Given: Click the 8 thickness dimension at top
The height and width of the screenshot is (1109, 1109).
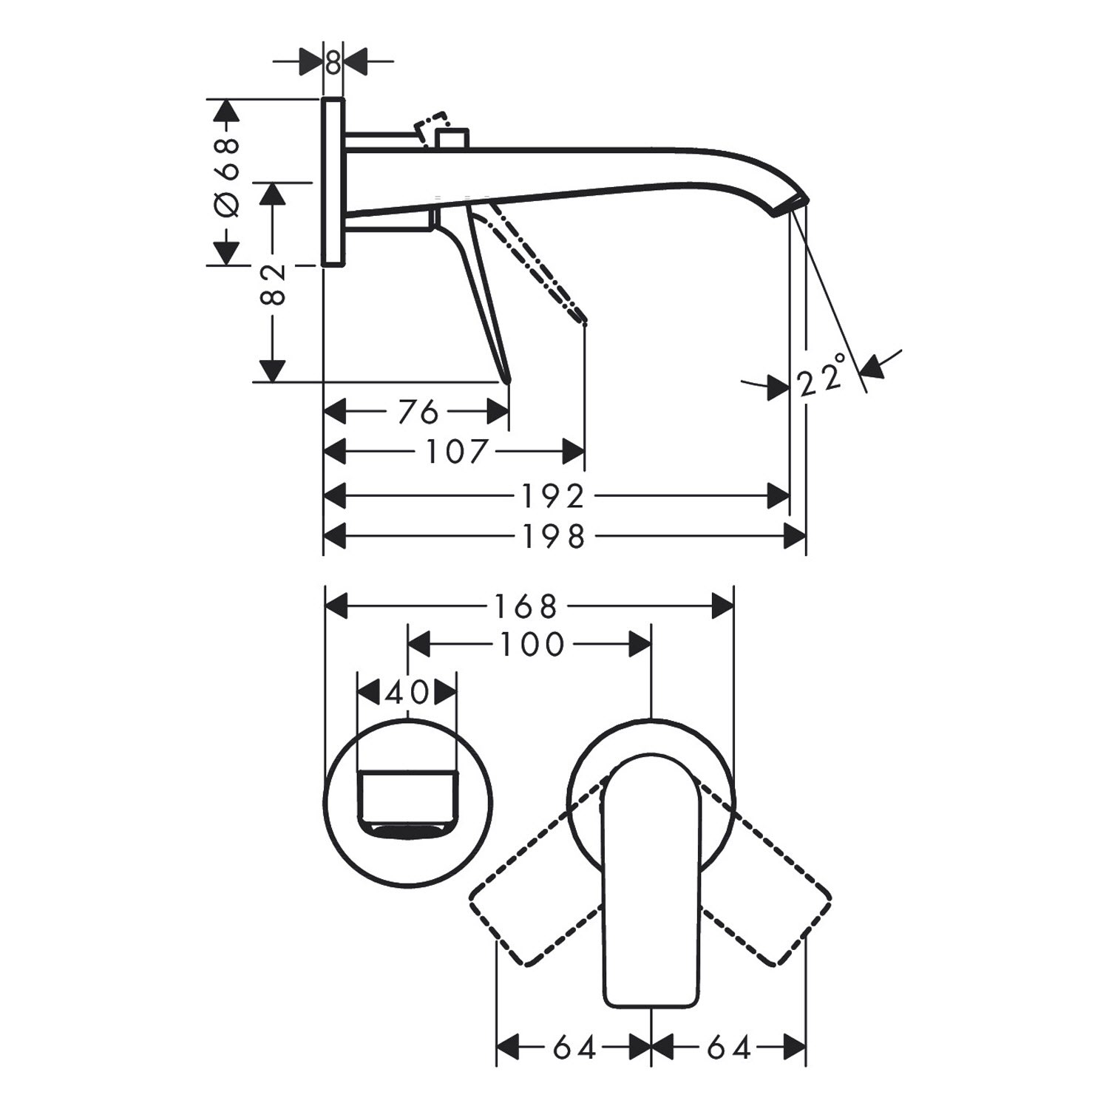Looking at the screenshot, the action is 333,63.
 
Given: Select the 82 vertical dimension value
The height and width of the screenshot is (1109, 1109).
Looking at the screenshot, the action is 273,283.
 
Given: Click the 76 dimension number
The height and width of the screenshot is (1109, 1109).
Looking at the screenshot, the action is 418,413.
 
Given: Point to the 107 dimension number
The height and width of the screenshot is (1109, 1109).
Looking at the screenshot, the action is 457,451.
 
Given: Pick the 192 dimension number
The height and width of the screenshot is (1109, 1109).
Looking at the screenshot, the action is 553,497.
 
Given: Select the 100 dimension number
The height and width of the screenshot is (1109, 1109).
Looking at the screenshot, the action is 532,645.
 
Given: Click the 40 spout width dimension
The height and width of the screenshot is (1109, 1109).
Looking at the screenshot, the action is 407,693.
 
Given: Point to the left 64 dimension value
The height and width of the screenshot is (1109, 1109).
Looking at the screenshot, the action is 574,1048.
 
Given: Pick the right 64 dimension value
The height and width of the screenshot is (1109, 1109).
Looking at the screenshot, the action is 729,1048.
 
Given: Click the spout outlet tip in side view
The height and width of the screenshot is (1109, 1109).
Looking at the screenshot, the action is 793,206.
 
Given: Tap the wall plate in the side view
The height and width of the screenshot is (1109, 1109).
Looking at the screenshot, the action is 333,181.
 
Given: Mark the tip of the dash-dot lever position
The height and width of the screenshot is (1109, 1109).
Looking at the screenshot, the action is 584,321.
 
